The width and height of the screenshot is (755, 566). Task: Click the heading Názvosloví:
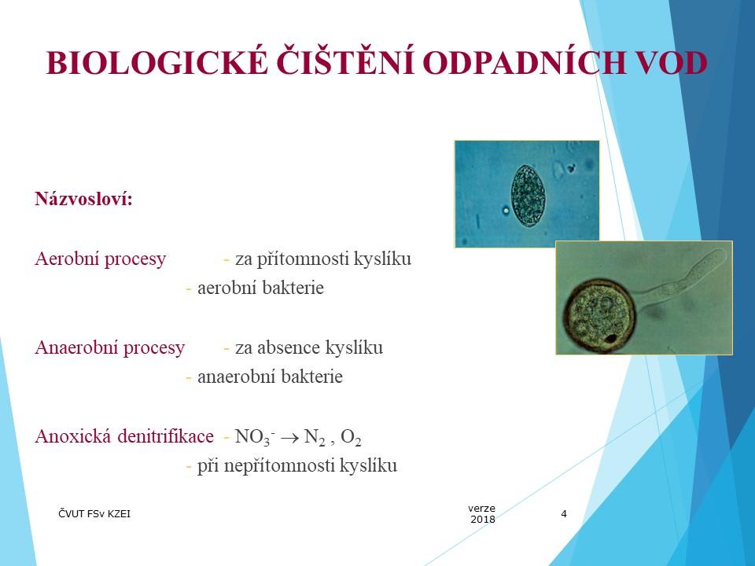(x=83, y=198)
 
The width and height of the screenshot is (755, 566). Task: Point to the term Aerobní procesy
(x=101, y=259)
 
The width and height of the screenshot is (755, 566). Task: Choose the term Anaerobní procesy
(x=110, y=347)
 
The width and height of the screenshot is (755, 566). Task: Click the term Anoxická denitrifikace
(x=124, y=437)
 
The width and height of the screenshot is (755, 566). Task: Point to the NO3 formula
(x=254, y=438)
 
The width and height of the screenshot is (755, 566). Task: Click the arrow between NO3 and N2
(x=284, y=438)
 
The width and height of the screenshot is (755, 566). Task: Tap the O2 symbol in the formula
(x=351, y=438)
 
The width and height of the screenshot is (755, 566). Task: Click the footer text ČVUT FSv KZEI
(x=95, y=514)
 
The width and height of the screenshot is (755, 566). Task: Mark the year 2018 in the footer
(x=482, y=519)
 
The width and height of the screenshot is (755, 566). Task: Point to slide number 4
(x=563, y=514)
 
